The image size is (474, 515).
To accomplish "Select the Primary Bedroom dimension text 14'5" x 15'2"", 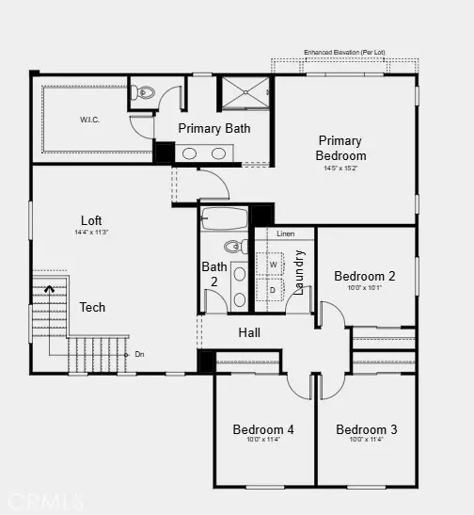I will [x=340, y=169].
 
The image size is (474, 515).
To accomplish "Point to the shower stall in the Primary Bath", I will [x=245, y=93].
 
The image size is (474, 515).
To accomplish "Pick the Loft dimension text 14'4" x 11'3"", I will [x=91, y=232].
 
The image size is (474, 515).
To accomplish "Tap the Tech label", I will [x=92, y=307].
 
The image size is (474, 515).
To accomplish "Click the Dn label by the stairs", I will [x=139, y=354].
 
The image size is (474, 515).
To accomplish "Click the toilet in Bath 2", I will [x=240, y=247].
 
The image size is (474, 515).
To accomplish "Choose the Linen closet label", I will [x=286, y=233].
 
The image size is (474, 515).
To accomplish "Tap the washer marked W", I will [x=274, y=265].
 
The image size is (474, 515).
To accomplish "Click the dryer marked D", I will [x=274, y=290].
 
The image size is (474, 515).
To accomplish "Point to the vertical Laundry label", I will [x=299, y=272].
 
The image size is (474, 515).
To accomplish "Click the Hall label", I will [x=249, y=332].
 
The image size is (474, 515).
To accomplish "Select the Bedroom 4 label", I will [x=263, y=429].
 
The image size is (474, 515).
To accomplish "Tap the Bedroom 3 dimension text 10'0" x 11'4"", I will [x=367, y=441].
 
